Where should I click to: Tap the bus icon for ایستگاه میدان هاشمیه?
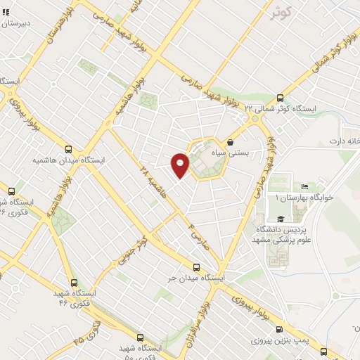pyautogui.click(x=68, y=149)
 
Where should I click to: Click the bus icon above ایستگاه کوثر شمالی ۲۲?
pyautogui.click(x=281, y=98)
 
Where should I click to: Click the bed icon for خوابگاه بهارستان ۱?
pyautogui.click(x=304, y=186)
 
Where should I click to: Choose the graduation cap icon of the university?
pyautogui.click(x=280, y=218)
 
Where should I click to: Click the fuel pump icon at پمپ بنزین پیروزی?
pyautogui.click(x=281, y=330)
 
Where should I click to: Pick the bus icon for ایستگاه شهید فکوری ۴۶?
pyautogui.click(x=69, y=281)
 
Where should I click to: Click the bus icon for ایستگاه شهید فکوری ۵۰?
pyautogui.click(x=140, y=337)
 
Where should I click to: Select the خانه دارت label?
pyautogui.click(x=343, y=141)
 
